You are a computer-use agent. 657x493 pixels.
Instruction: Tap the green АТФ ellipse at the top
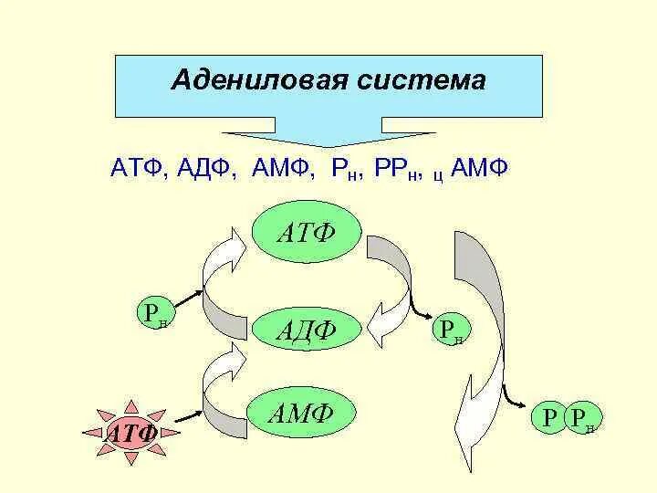tap(307, 235)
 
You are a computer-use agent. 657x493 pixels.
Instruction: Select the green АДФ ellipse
tap(307, 328)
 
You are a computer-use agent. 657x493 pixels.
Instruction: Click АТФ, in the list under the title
tap(138, 169)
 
